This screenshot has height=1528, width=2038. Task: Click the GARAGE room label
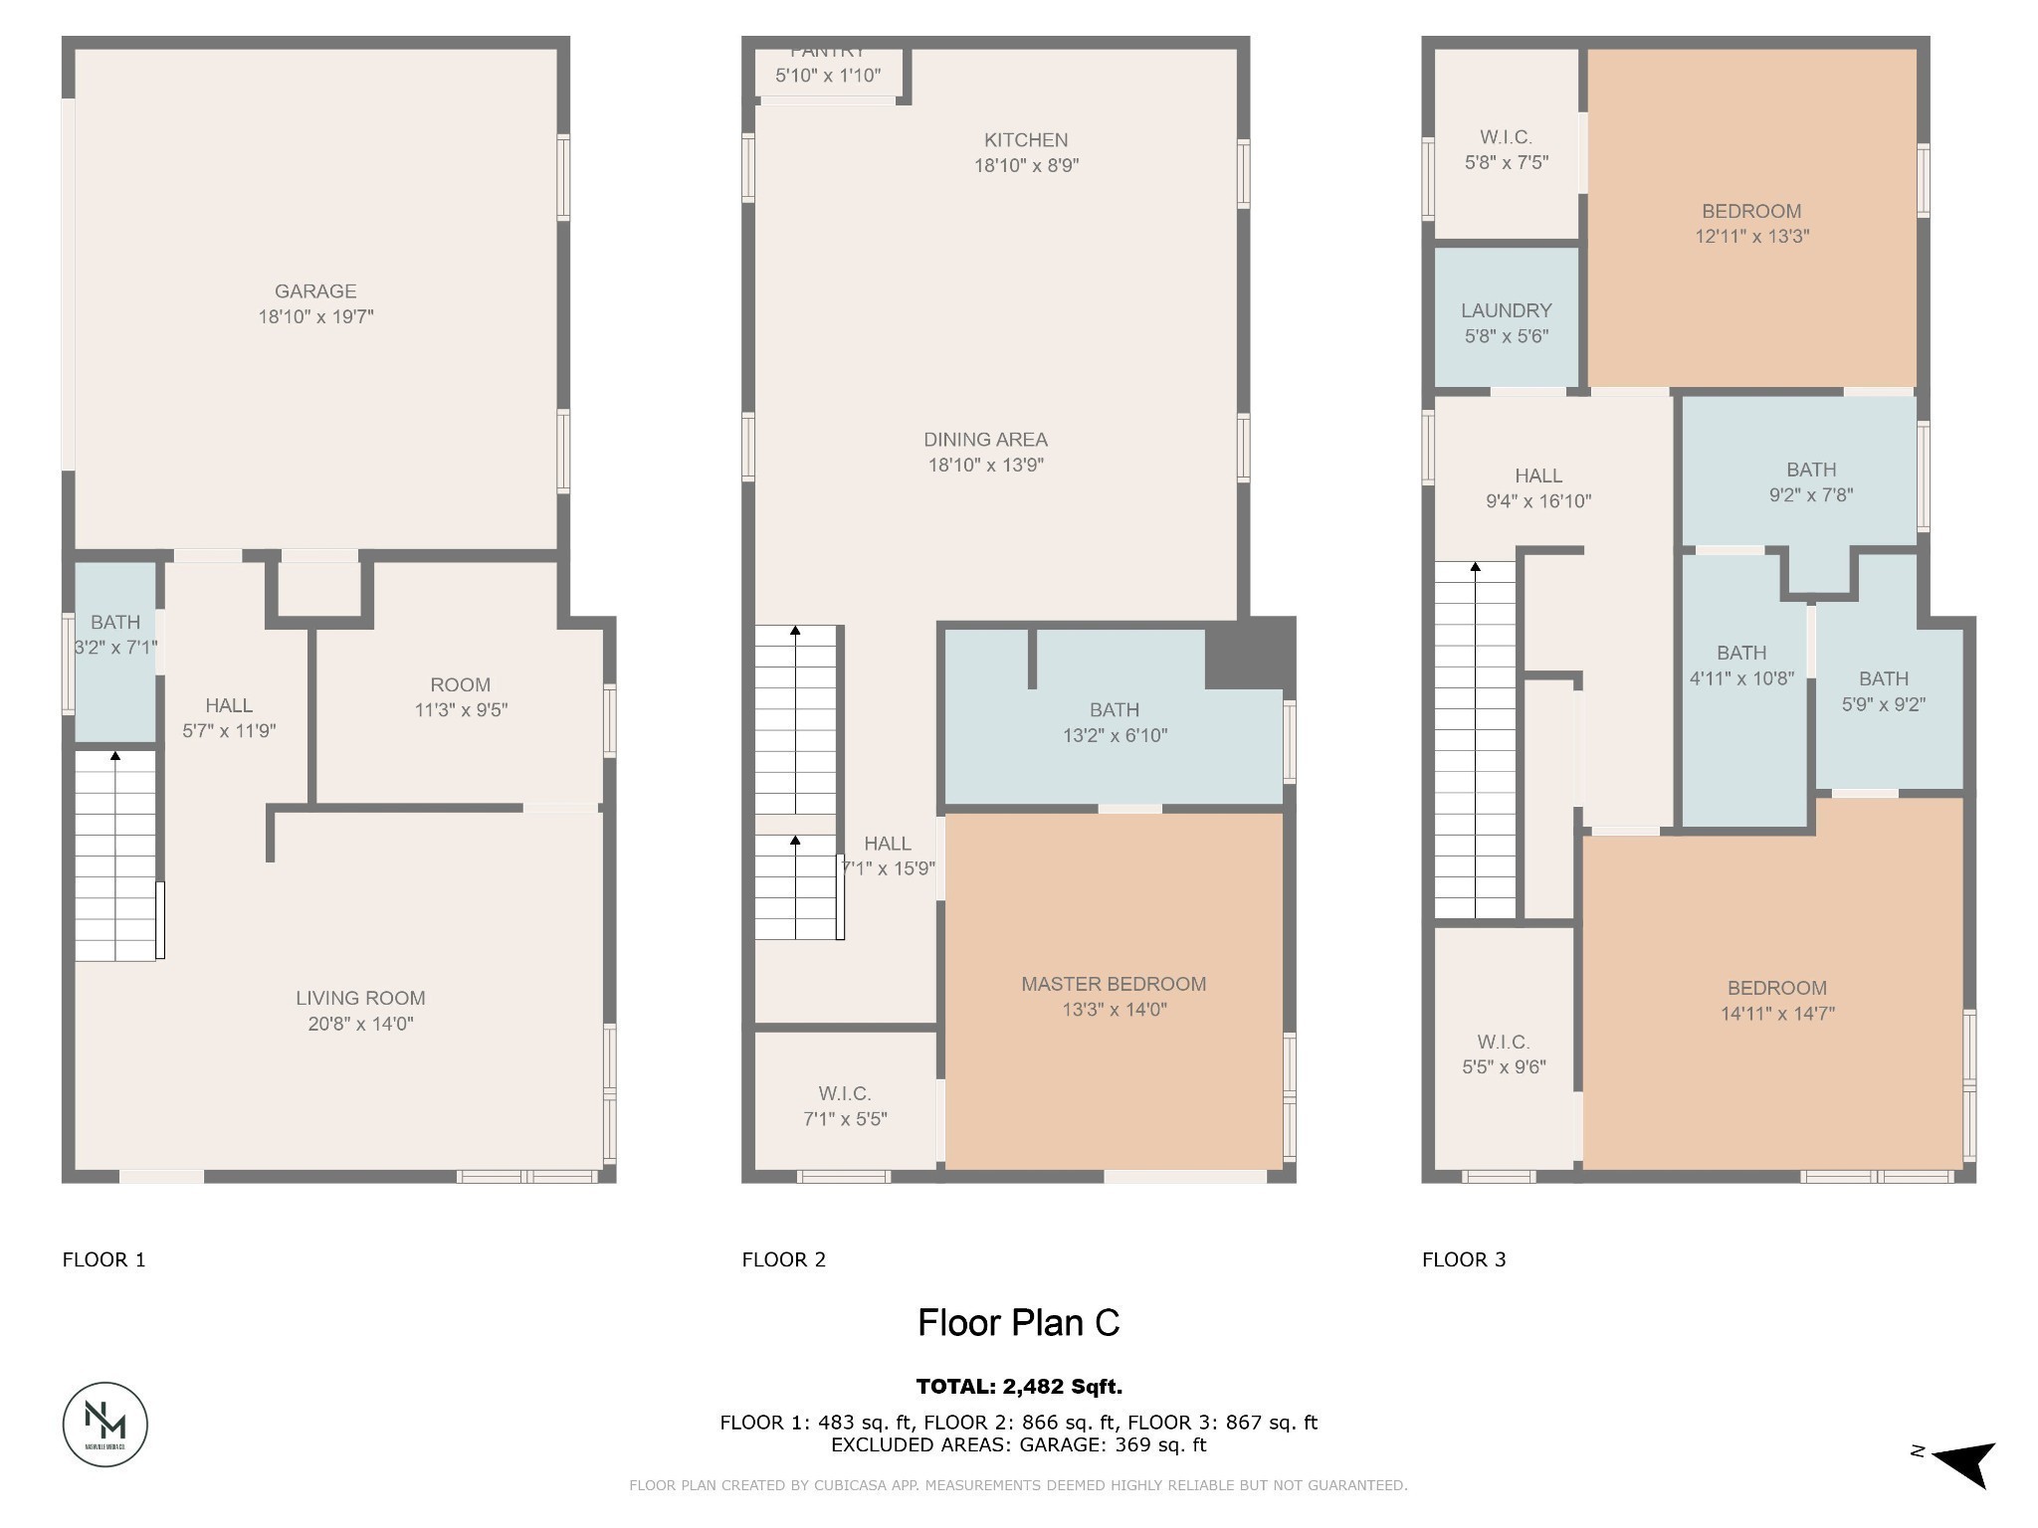(x=315, y=291)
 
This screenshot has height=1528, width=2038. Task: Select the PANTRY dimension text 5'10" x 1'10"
(x=827, y=76)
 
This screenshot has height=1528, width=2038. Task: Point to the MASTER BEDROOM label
(x=1114, y=984)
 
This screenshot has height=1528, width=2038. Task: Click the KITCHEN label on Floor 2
(x=1026, y=140)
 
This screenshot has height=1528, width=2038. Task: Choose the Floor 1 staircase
(x=115, y=856)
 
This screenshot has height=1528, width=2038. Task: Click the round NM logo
(x=105, y=1424)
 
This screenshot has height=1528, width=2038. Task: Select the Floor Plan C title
(x=1018, y=1322)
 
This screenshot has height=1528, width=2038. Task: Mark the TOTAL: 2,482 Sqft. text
(x=1018, y=1386)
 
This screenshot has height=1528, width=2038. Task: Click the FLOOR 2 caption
(x=783, y=1259)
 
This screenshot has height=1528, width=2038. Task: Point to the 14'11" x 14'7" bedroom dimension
(x=1777, y=1014)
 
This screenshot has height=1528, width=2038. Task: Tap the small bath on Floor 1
(x=115, y=652)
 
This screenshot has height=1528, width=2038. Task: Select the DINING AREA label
(x=985, y=440)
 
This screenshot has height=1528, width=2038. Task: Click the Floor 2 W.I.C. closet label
(x=845, y=1093)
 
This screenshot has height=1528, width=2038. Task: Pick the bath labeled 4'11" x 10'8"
(x=1741, y=667)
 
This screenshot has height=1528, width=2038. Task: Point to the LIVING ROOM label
(x=360, y=998)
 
